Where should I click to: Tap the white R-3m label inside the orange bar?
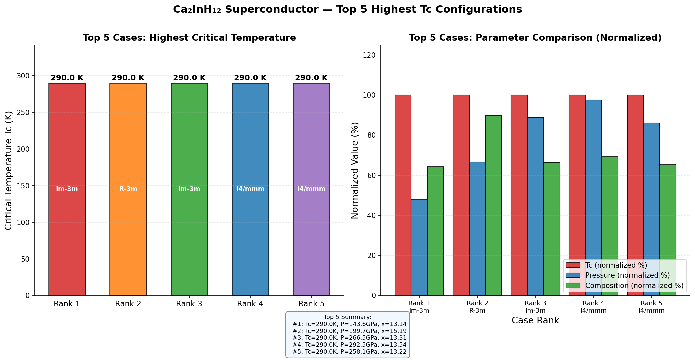pyautogui.click(x=128, y=189)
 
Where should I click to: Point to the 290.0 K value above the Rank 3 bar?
pyautogui.click(x=189, y=78)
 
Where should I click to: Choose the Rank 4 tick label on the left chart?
pyautogui.click(x=250, y=304)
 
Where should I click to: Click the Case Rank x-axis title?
pyautogui.click(x=535, y=321)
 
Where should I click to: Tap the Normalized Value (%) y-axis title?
pyautogui.click(x=355, y=170)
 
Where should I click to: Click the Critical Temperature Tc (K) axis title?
pyautogui.click(x=9, y=170)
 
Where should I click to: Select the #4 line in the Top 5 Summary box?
pyautogui.click(x=349, y=345)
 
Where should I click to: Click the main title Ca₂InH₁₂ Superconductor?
pyautogui.click(x=347, y=9)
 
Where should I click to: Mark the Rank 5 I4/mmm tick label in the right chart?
pyautogui.click(x=651, y=307)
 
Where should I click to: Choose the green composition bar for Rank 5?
pyautogui.click(x=668, y=230)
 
